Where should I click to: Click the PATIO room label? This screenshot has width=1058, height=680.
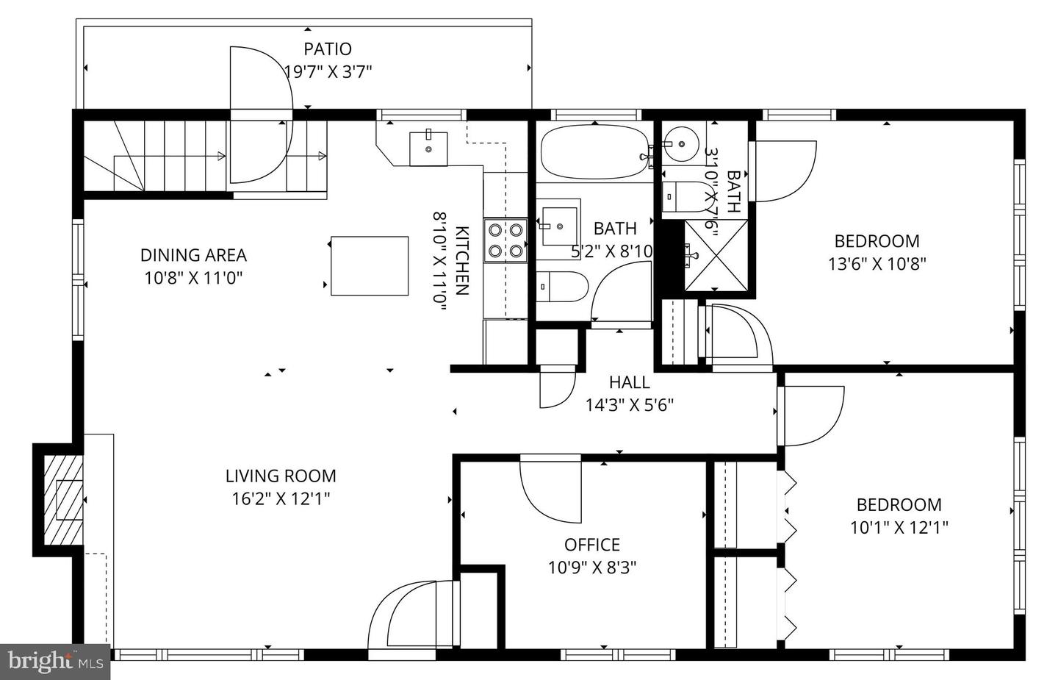coord(328,49)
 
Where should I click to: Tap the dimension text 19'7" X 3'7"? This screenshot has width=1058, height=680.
coord(328,72)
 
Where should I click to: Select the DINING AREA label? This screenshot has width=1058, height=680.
coord(193,255)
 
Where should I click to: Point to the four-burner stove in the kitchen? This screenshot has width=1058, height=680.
coord(505,240)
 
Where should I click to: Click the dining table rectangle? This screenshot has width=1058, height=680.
coord(370,265)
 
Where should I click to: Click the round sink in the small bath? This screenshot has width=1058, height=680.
coord(683,142)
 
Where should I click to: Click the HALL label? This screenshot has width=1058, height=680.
coord(629,382)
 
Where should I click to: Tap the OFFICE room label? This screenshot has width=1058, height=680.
coord(591,545)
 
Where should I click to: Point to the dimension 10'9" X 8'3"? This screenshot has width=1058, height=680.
coord(591,568)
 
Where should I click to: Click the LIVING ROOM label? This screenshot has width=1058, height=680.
coord(281,476)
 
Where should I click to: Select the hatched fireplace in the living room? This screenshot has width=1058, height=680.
coord(60,500)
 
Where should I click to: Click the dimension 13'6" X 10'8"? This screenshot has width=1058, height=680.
coord(877,264)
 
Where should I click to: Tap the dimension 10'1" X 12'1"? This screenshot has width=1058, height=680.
coord(899,527)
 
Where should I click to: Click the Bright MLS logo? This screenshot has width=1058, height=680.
coord(55,662)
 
